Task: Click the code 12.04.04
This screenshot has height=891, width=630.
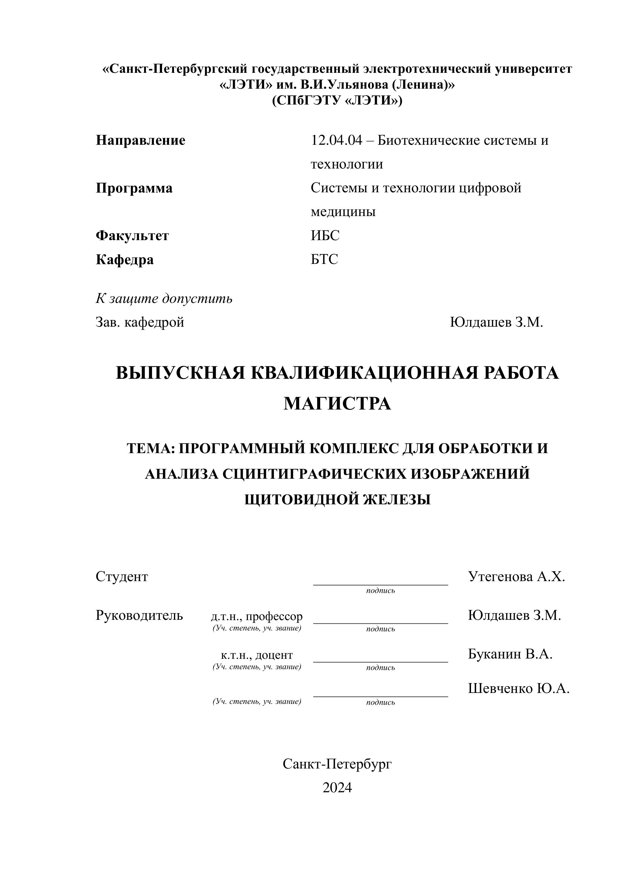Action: click(336, 140)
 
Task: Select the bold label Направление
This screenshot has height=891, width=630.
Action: click(140, 140)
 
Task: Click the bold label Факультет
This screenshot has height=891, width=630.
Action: click(132, 236)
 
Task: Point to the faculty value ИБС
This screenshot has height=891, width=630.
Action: click(325, 236)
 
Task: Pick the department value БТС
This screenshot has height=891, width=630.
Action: click(324, 259)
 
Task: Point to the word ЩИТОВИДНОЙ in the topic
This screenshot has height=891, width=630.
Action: click(301, 499)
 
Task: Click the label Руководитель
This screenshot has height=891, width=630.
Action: click(139, 616)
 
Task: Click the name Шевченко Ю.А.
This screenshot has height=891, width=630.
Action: click(519, 689)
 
